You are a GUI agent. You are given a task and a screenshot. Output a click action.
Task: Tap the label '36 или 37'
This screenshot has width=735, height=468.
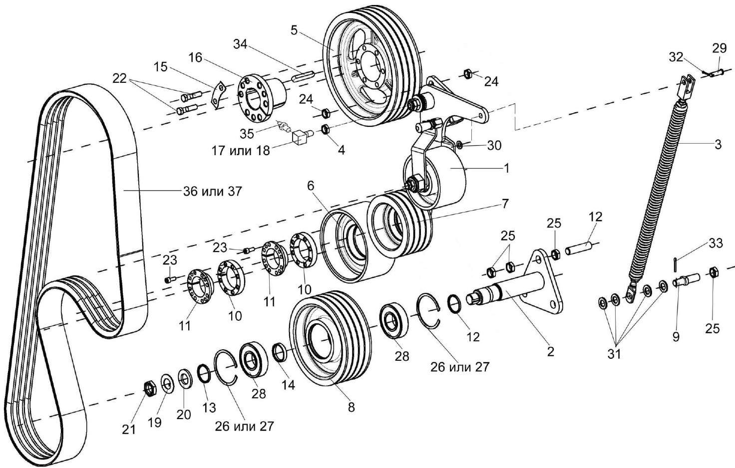212,191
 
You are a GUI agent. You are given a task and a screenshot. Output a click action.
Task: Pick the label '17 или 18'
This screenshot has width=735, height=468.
241,150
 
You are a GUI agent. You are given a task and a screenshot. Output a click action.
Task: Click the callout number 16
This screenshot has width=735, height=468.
195,58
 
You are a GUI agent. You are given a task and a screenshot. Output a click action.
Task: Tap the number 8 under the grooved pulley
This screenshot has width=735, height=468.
351,407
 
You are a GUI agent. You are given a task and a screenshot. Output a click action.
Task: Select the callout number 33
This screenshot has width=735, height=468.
716,243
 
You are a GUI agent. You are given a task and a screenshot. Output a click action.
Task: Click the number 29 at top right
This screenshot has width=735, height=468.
720,48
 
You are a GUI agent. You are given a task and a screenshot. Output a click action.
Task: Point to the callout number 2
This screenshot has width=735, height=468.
550,351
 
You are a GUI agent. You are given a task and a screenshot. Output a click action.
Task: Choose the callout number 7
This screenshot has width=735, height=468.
505,204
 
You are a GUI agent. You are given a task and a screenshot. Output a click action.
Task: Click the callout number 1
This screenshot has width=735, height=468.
506,169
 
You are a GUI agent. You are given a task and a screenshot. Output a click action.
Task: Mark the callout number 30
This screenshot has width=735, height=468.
494,145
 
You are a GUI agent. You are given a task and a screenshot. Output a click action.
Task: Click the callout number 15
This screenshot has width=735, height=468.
160,66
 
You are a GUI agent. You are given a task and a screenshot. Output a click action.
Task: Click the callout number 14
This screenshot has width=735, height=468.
288,385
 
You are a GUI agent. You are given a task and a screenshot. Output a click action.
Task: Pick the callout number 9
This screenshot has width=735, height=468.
676,337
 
